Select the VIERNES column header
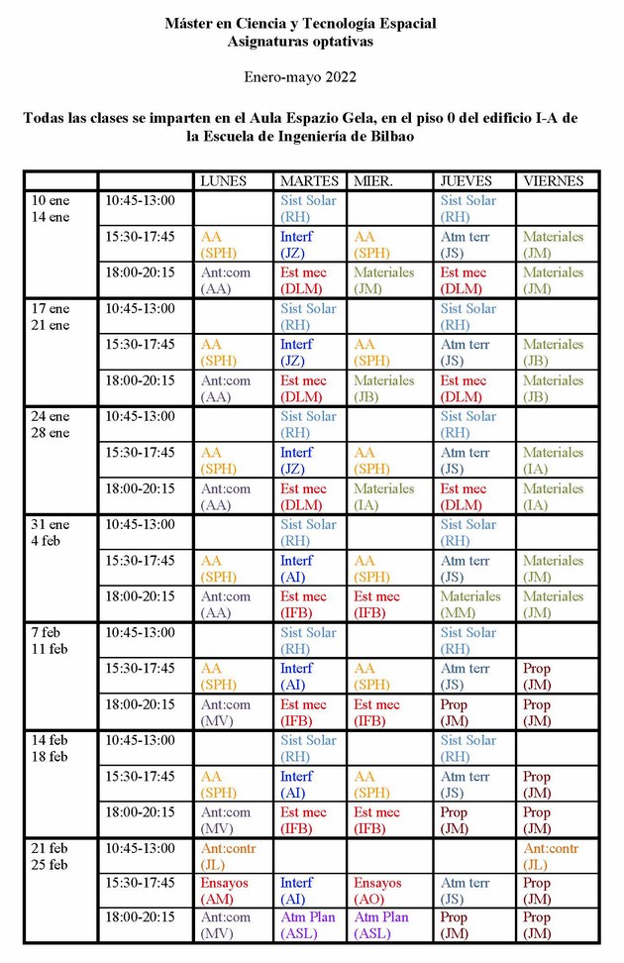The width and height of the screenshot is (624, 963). tap(553, 180)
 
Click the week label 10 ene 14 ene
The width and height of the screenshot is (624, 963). tap(51, 209)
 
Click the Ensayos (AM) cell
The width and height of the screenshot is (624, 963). tap(225, 891)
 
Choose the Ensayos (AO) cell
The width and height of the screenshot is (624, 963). tap(377, 891)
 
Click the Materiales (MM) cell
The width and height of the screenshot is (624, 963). tap(470, 604)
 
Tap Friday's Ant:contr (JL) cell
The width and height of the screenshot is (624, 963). tap(551, 856)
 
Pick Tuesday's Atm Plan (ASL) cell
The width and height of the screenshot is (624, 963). tap(308, 925)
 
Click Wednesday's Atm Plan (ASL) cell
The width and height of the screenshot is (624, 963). tap(381, 925)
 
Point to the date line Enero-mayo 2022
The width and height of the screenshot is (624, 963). tap(300, 76)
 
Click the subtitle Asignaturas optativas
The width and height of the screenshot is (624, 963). tap(300, 41)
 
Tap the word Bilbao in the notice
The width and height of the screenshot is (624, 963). tap(384, 137)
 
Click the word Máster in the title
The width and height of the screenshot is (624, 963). tap(188, 23)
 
